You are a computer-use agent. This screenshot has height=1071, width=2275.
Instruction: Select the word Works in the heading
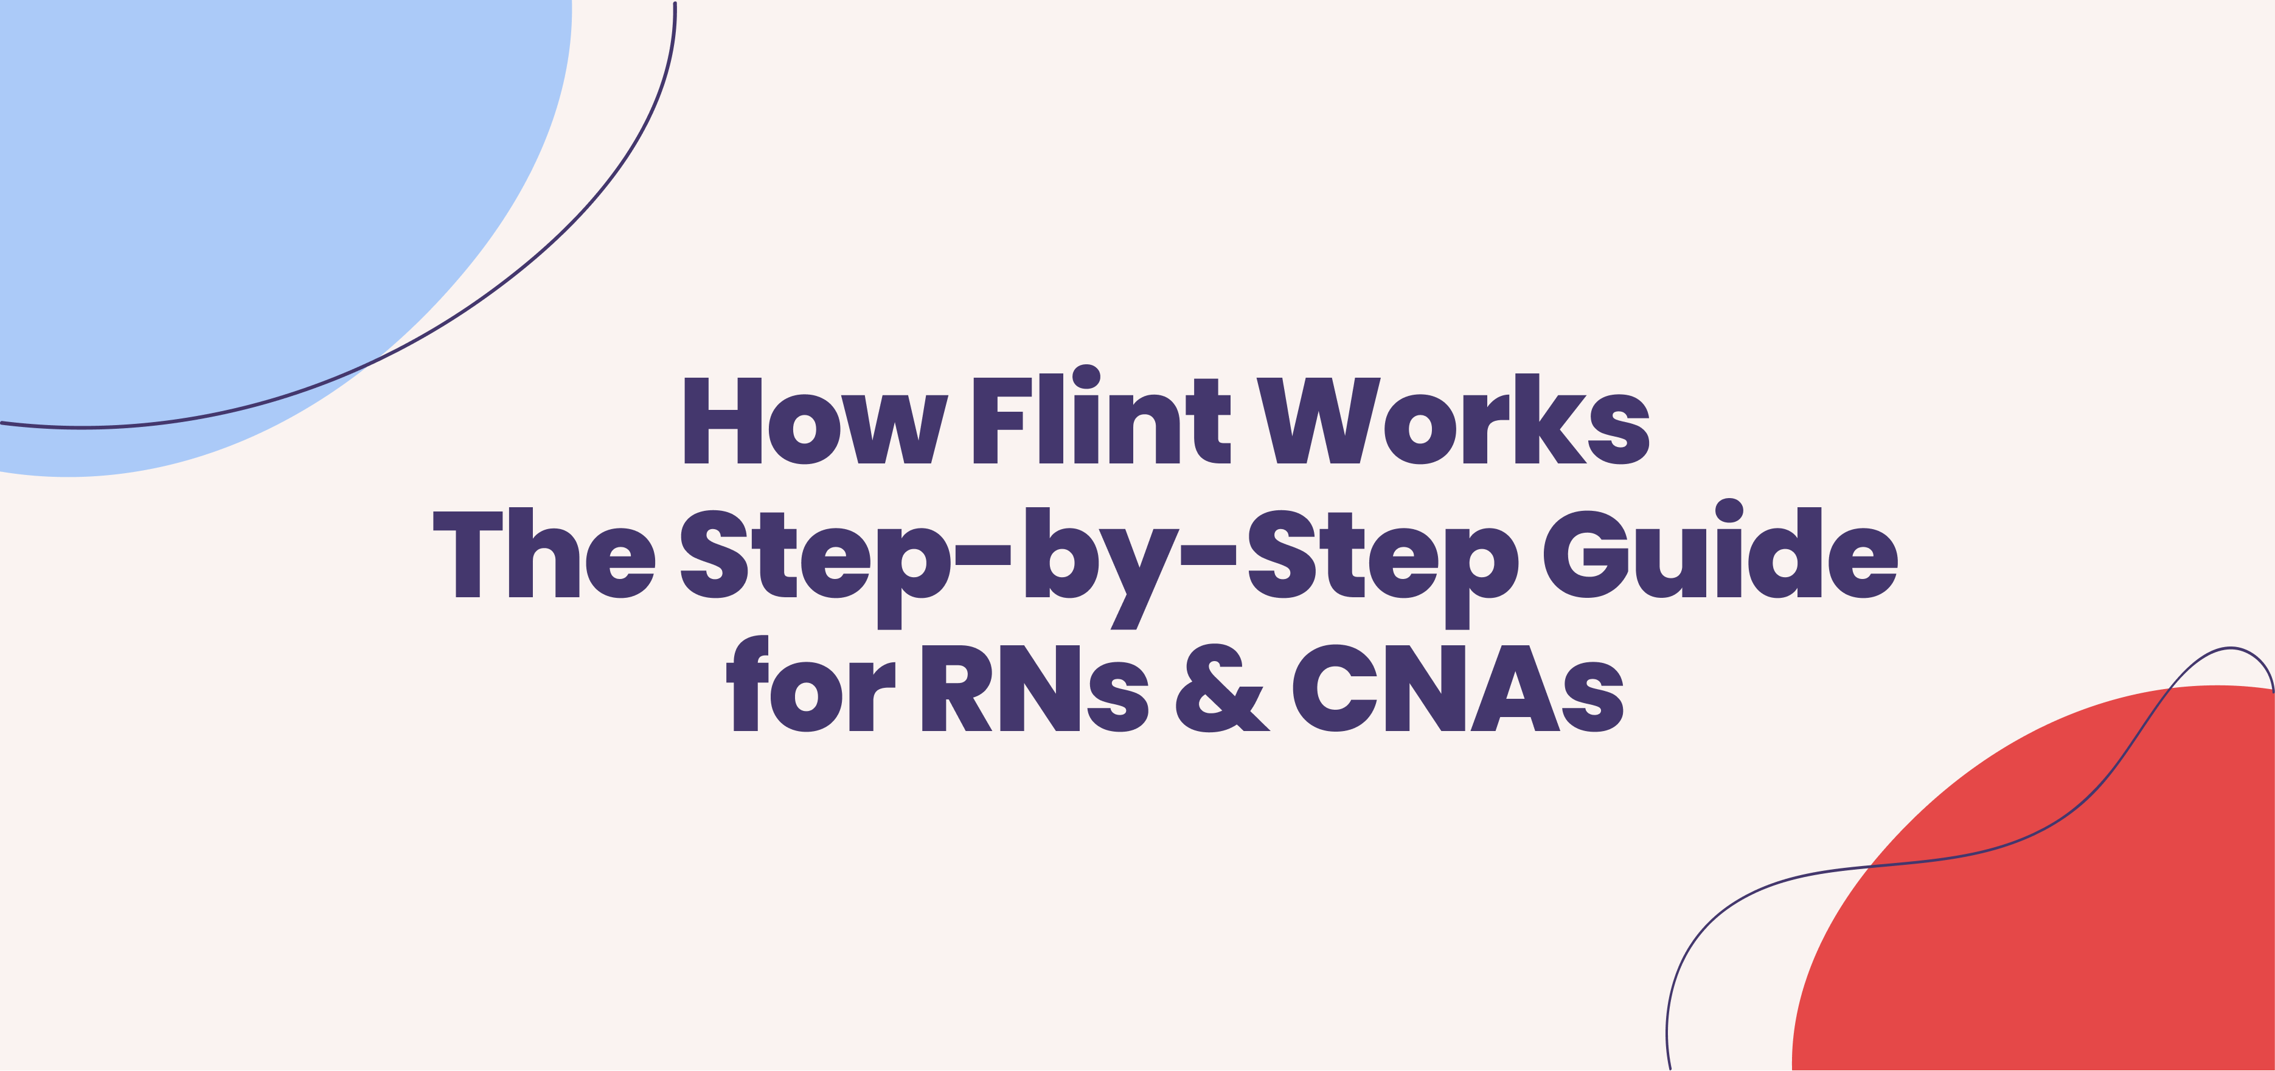click(1453, 420)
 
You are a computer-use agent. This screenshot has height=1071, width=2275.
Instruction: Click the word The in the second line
click(543, 555)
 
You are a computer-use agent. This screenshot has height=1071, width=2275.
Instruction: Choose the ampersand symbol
click(1223, 688)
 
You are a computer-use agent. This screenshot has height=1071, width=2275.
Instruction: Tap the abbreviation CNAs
click(1457, 688)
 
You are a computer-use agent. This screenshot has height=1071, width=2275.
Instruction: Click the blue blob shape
click(221, 203)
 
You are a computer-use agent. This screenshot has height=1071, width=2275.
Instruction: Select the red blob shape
click(2058, 909)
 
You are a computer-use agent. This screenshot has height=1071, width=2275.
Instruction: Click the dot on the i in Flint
click(1086, 376)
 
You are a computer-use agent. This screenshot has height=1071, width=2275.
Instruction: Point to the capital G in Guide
click(1585, 555)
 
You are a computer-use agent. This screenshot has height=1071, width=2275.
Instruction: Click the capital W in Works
click(1318, 420)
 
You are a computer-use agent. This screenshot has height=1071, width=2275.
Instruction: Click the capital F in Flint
click(1001, 420)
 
